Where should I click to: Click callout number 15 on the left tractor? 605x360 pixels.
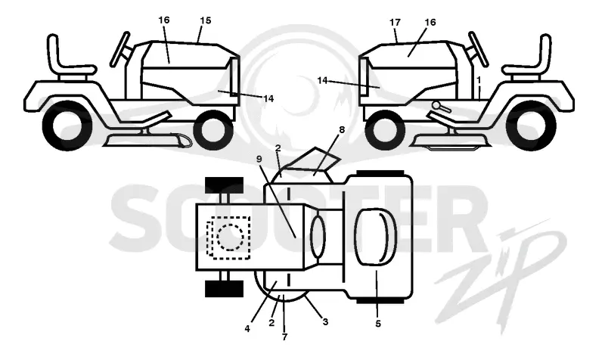click(x=206, y=20)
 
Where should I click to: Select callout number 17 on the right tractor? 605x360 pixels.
click(x=395, y=23)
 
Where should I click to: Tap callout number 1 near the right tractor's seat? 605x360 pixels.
click(x=479, y=80)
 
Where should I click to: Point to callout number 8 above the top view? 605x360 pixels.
click(x=342, y=130)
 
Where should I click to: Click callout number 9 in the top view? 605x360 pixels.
click(x=259, y=158)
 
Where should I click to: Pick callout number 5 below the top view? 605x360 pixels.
click(x=377, y=324)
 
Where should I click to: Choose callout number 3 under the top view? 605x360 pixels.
click(x=325, y=321)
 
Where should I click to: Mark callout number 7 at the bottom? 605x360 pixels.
click(x=284, y=337)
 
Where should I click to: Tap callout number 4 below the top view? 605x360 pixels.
click(x=247, y=329)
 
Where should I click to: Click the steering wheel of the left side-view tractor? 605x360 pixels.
click(x=119, y=49)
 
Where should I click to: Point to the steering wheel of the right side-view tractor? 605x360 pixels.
click(x=479, y=49)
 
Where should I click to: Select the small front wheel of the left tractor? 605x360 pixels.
click(x=214, y=130)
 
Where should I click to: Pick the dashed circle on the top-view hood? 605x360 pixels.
click(x=231, y=237)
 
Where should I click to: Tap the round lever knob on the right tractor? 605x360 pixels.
click(x=436, y=104)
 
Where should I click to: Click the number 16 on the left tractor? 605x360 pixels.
click(x=164, y=20)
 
